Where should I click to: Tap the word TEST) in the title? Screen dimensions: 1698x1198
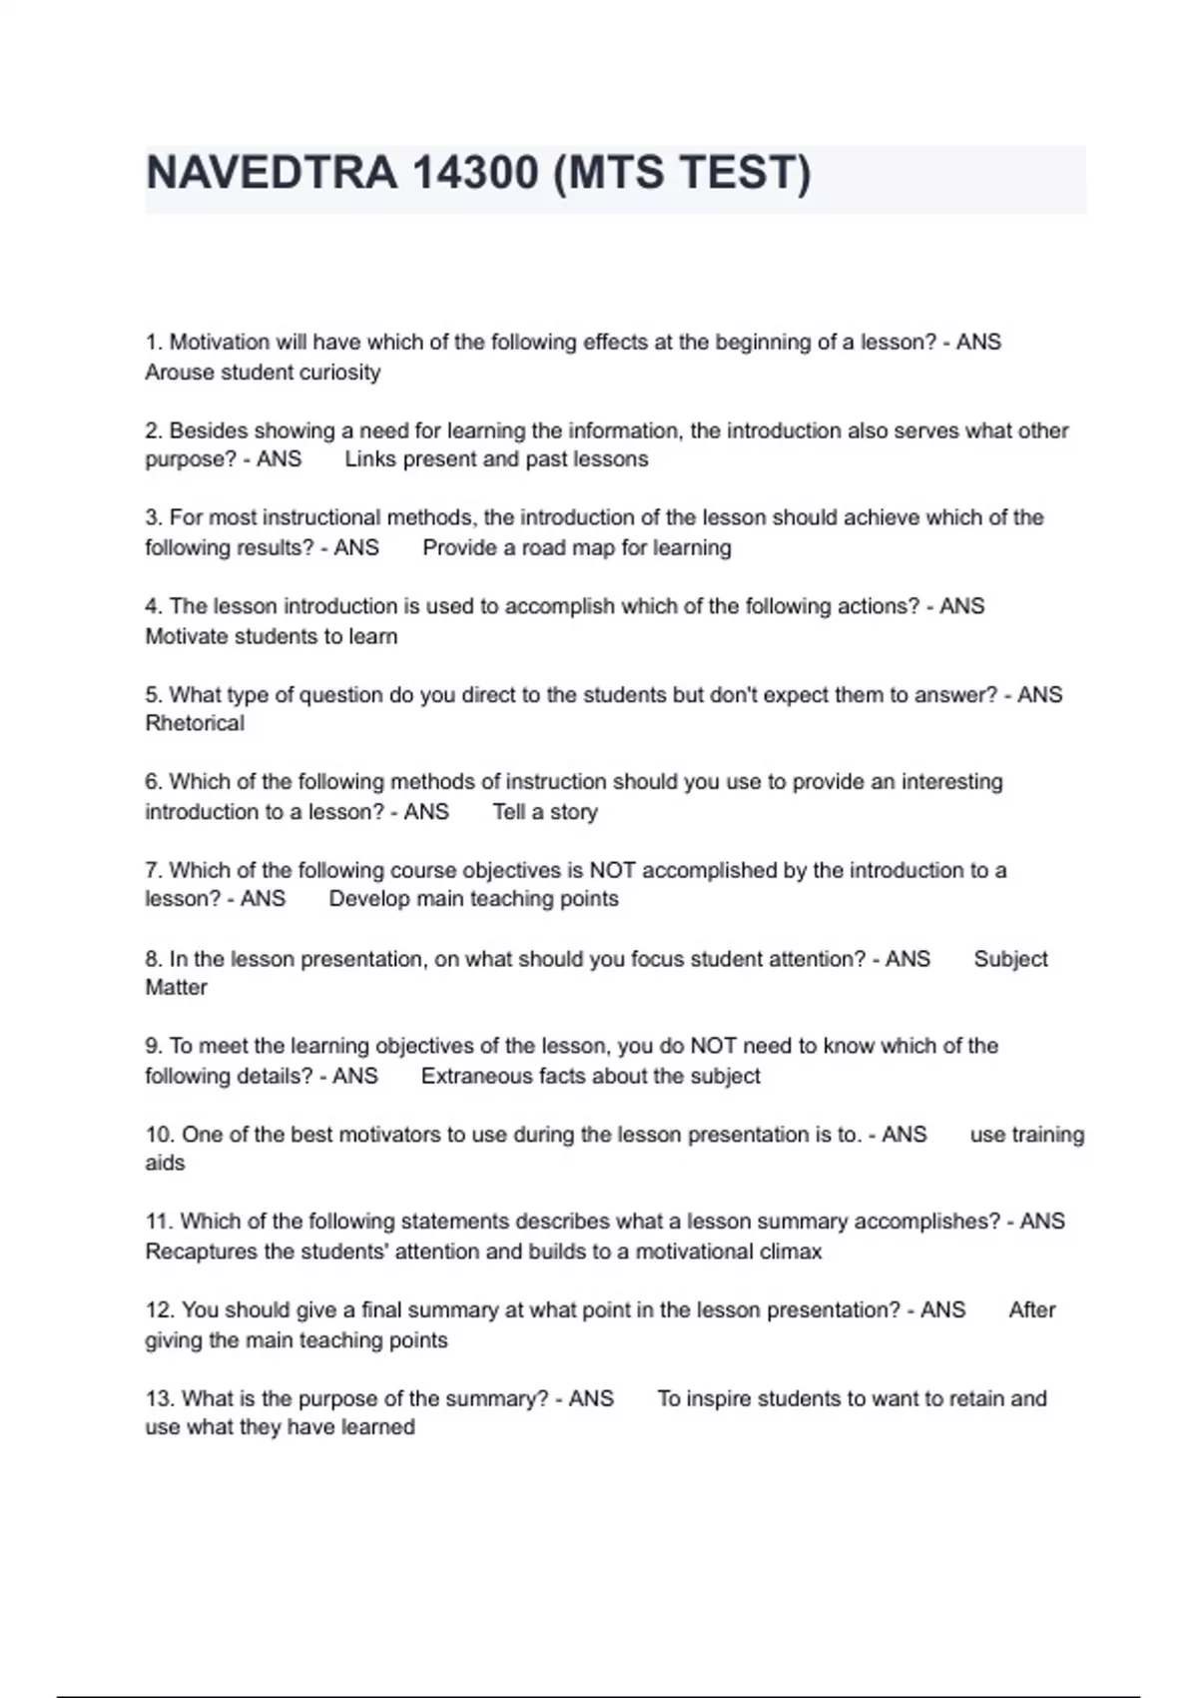[747, 173]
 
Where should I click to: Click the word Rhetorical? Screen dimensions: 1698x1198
[195, 723]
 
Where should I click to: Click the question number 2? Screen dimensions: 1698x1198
[154, 430]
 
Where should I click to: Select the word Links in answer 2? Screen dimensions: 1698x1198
[370, 459]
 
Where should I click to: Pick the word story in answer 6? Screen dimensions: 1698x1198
[573, 812]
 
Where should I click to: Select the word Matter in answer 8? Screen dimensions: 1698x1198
[177, 988]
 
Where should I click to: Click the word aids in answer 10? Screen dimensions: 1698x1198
[165, 1164]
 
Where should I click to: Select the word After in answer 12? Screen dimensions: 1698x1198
[1031, 1309]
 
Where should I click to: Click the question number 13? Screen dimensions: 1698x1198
[160, 1398]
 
